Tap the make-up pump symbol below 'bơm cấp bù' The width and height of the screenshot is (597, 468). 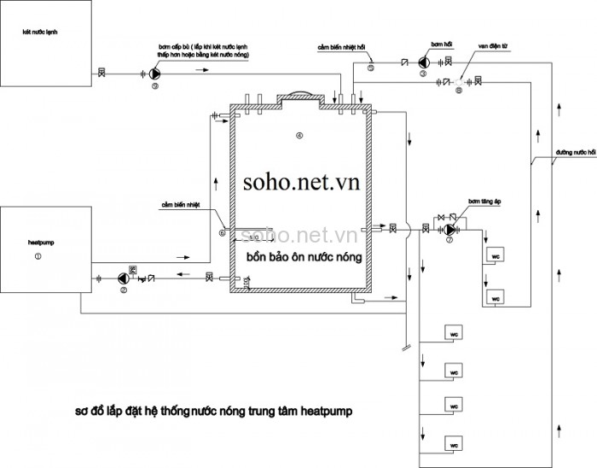[156, 74]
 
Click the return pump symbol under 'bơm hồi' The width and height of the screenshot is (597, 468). [423, 62]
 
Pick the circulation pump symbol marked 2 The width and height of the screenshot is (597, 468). [123, 278]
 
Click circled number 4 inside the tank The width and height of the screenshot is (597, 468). [298, 136]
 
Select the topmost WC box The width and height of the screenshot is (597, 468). [495, 255]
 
